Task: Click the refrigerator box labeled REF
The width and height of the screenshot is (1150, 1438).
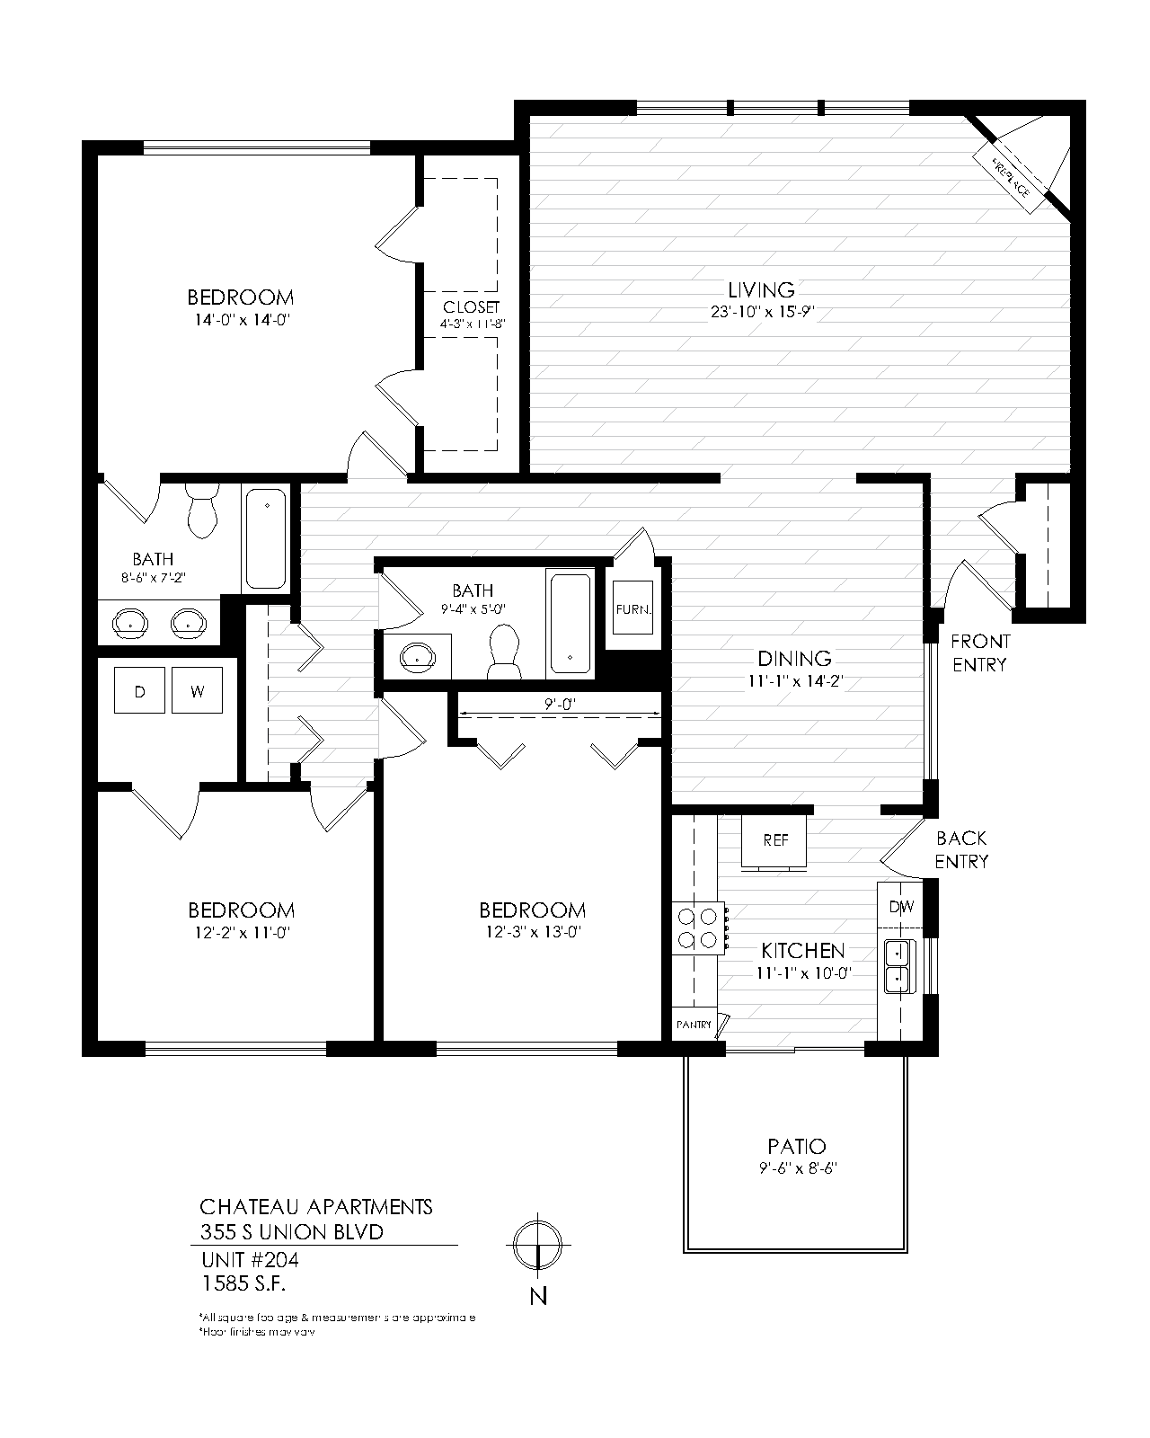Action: tap(775, 840)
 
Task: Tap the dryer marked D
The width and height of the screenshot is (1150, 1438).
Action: tap(139, 691)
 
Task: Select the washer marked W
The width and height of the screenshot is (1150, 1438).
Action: tap(197, 691)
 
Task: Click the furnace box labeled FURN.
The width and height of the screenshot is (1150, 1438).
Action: tap(632, 610)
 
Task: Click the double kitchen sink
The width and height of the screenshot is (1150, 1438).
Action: tap(897, 966)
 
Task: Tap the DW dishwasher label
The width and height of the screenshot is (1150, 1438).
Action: tap(901, 907)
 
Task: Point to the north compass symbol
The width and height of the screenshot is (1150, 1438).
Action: tap(537, 1245)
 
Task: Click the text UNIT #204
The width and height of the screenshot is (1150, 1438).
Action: tap(249, 1260)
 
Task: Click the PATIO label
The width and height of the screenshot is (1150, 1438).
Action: tap(797, 1147)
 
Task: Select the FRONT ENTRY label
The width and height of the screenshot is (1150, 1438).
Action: tap(980, 653)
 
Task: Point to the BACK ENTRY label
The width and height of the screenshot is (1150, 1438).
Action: tap(961, 850)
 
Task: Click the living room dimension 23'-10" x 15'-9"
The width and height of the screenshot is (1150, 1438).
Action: tap(762, 313)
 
